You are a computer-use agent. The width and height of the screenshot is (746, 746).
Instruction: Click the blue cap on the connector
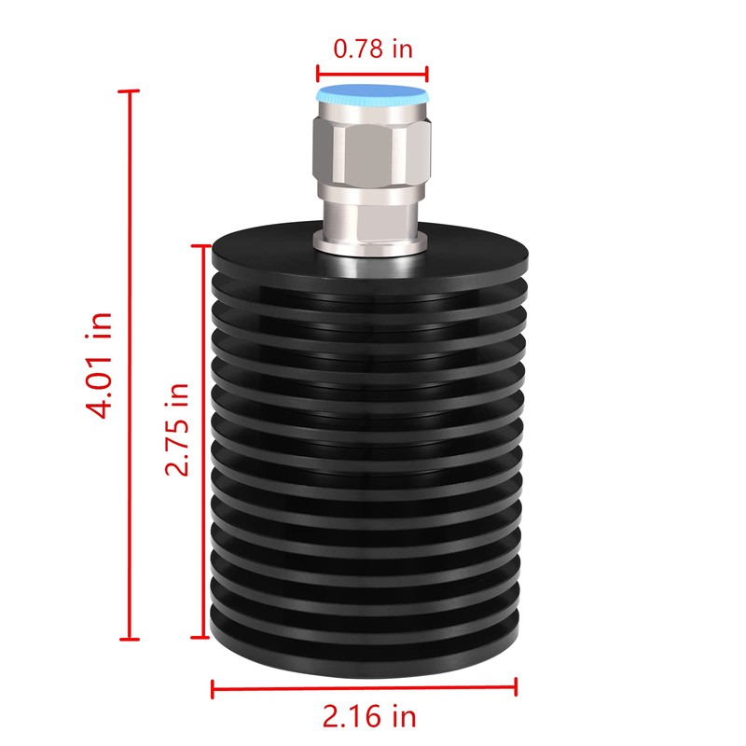372,95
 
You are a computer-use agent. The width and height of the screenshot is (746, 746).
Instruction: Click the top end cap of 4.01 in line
130,91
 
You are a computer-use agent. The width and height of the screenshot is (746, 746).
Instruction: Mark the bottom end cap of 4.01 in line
130,639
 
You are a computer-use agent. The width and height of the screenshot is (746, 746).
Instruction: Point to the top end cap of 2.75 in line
199,246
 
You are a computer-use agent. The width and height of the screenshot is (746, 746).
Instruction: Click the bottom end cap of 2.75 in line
199,638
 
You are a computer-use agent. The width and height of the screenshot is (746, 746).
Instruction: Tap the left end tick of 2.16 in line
214,689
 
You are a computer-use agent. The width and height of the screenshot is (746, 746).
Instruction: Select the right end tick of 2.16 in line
516,689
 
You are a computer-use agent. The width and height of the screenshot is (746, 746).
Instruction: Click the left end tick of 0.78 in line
318,74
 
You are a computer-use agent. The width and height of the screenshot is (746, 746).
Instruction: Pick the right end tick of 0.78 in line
427,74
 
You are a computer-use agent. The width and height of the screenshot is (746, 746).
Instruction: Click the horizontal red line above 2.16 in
365,689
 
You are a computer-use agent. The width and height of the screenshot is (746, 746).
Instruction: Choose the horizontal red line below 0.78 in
372,74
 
